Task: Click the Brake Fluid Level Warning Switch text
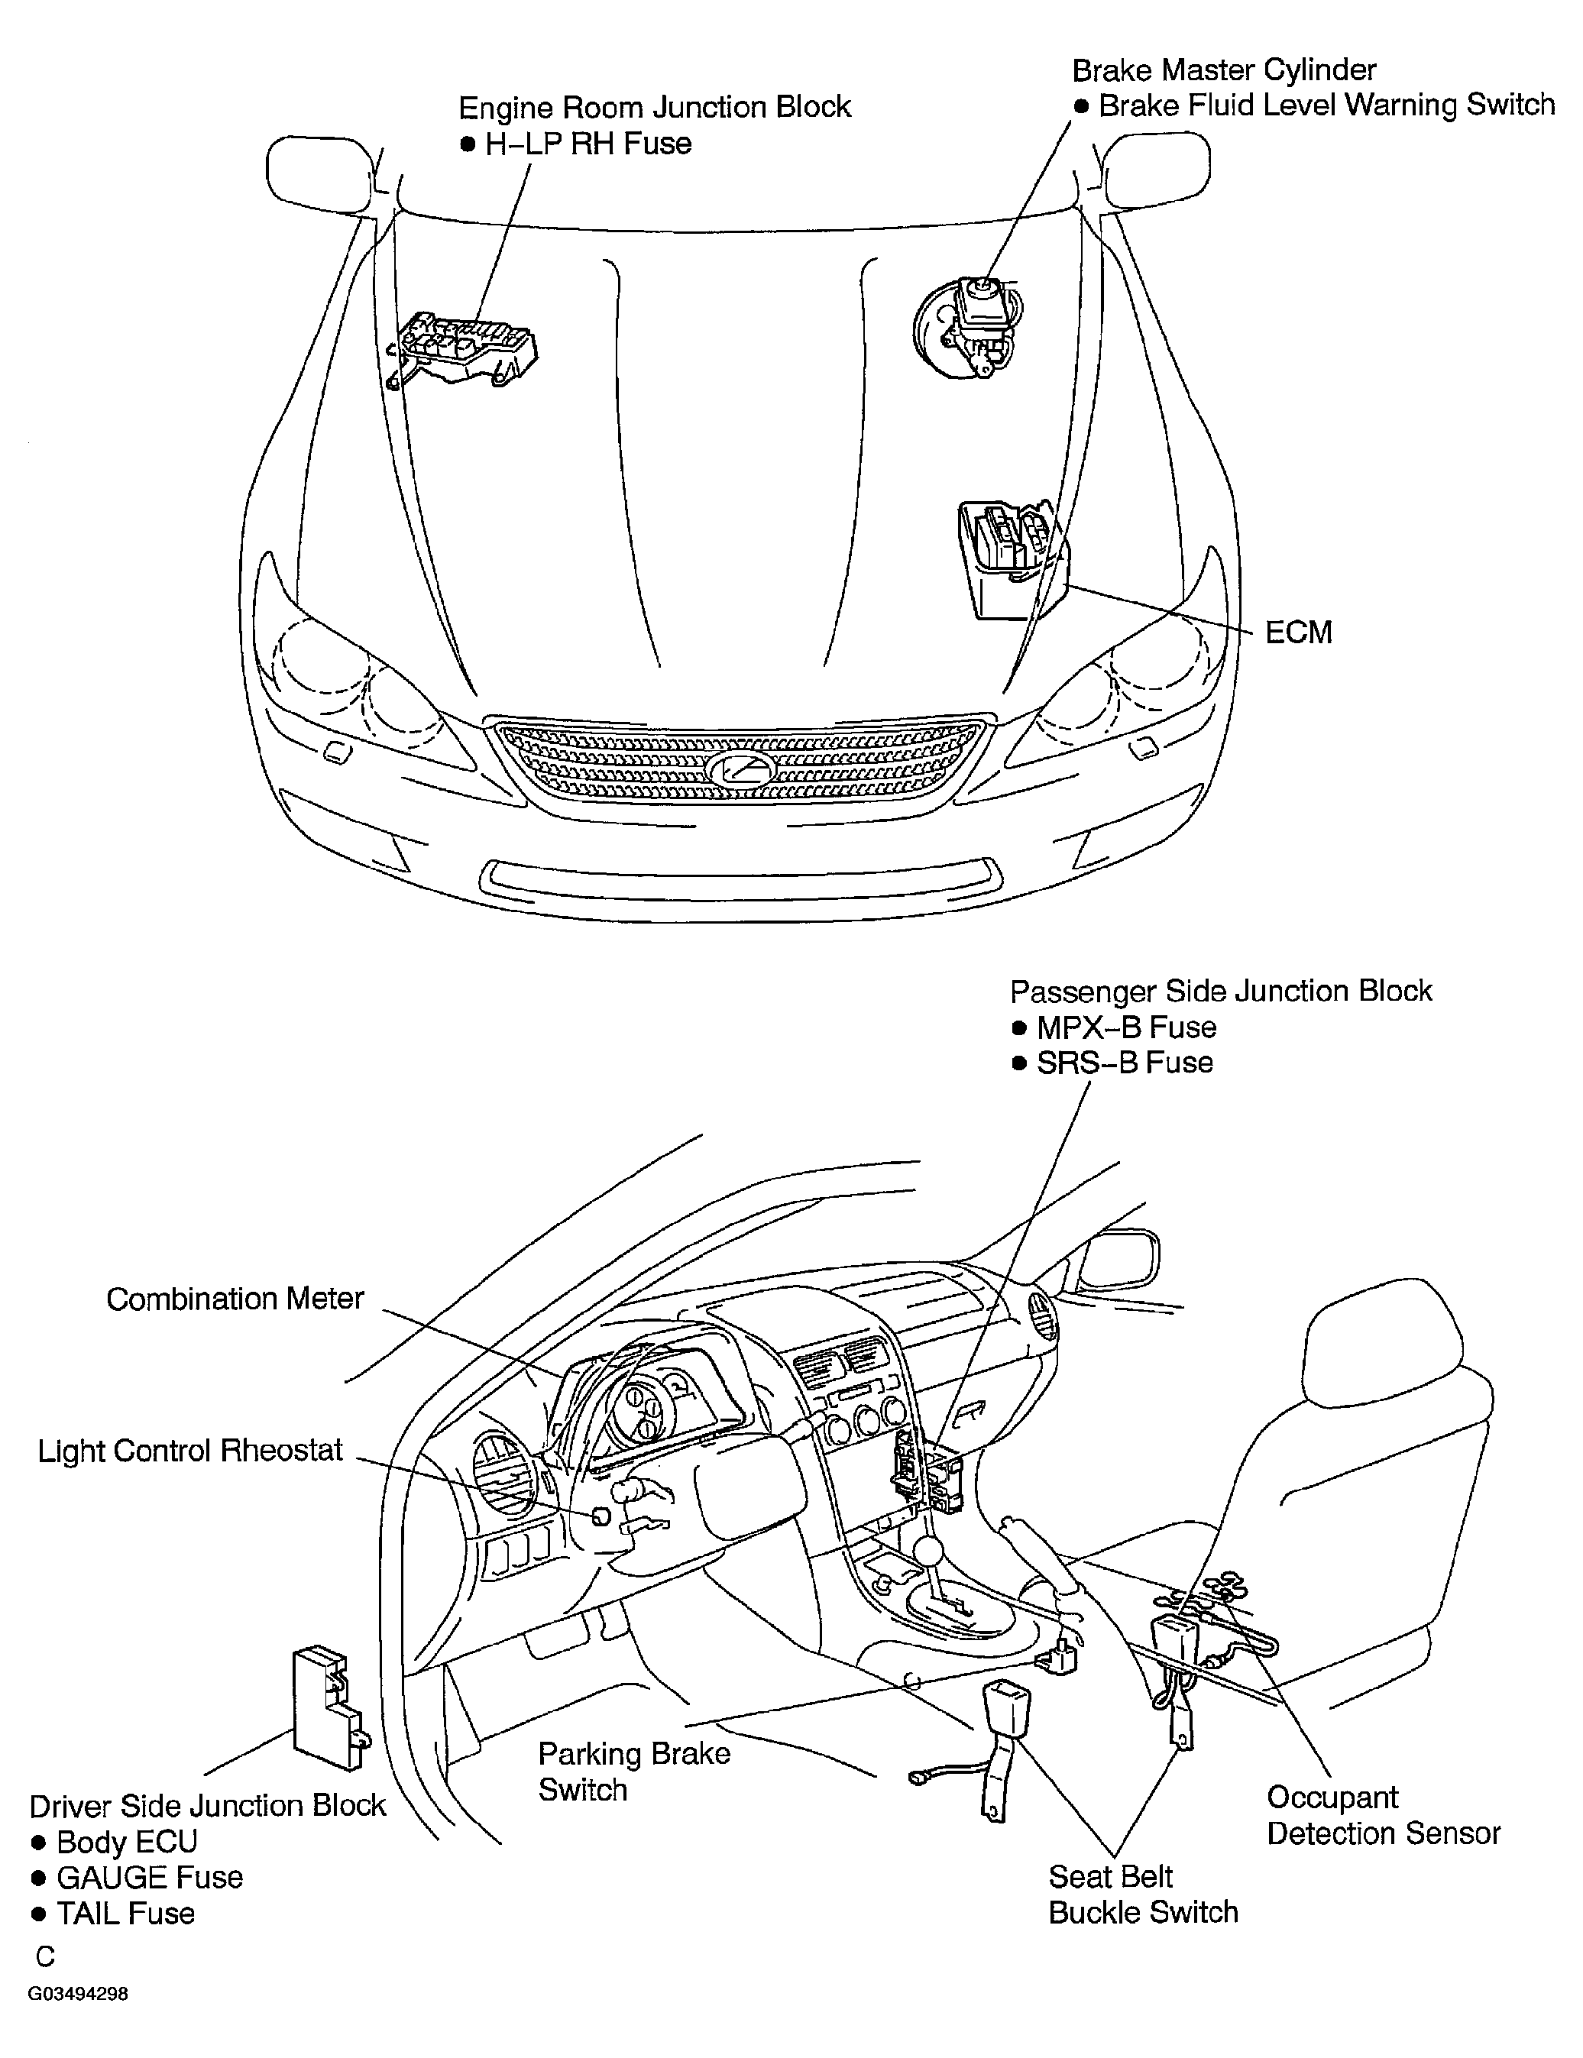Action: [x=1325, y=105]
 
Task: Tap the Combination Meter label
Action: [x=235, y=1299]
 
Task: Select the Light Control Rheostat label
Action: [x=190, y=1449]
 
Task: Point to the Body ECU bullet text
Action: [x=126, y=1841]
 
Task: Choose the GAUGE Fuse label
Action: [x=149, y=1877]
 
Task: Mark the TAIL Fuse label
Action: [x=125, y=1913]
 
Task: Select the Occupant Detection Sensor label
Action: [x=1382, y=1815]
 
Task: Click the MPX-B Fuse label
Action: [x=1126, y=1026]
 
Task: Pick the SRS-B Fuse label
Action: [x=1124, y=1062]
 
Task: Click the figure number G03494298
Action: [x=77, y=1994]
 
